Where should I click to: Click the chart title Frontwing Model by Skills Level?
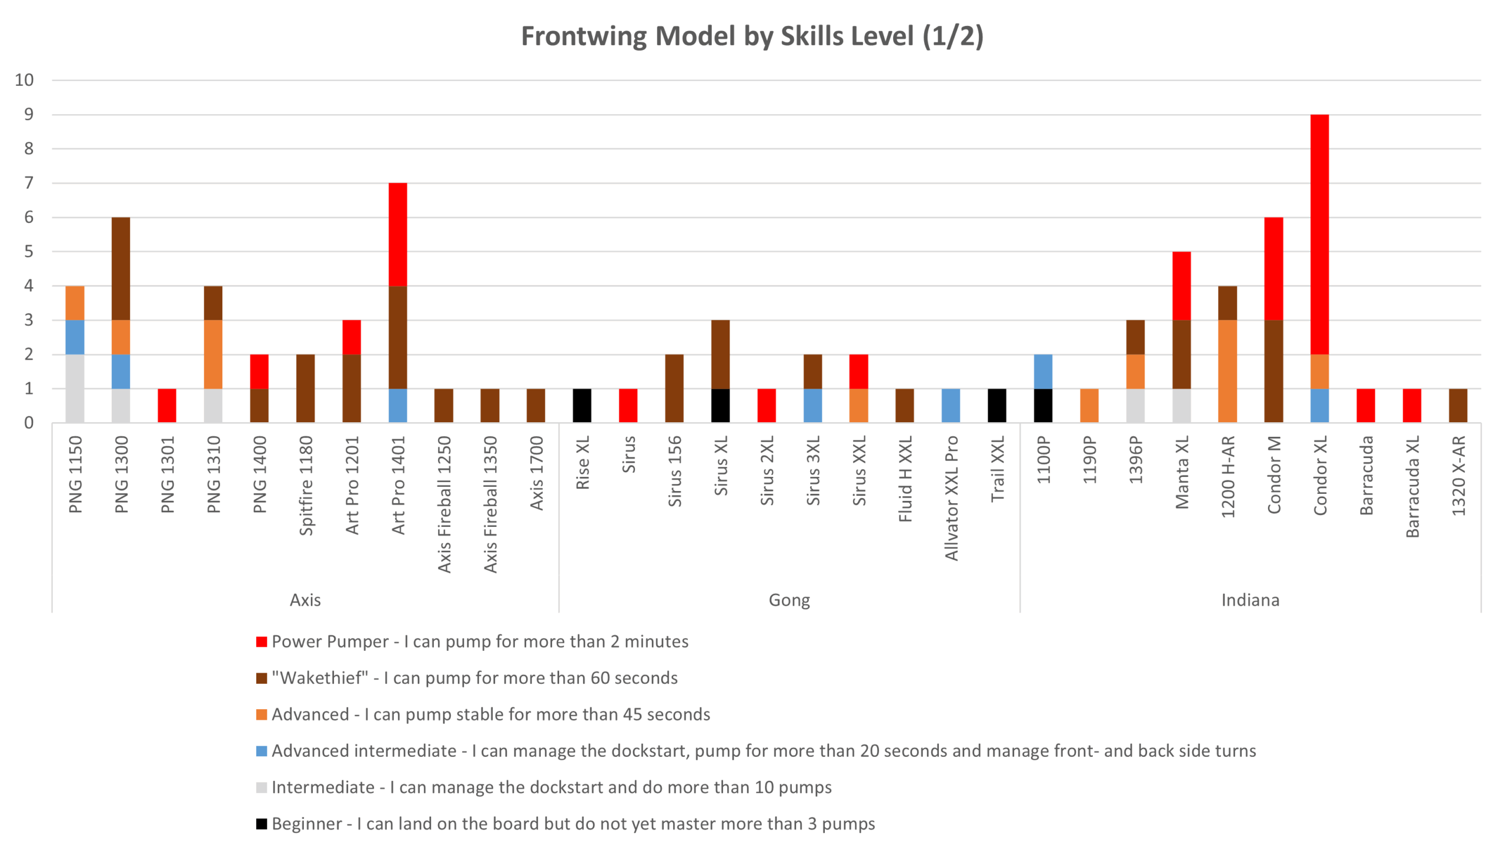[752, 36]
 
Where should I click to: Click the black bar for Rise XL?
[582, 405]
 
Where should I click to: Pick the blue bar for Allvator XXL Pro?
[951, 405]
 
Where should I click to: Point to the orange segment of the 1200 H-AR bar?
[1228, 371]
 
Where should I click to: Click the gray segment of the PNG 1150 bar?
[75, 388]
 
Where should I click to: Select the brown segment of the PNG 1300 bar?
[121, 269]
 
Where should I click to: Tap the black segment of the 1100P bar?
[1043, 405]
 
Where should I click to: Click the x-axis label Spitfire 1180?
[306, 485]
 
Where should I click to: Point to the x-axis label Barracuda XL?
[1412, 486]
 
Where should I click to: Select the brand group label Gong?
[789, 600]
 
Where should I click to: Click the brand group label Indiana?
[1250, 600]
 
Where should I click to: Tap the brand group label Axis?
[305, 600]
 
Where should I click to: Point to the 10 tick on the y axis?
[24, 80]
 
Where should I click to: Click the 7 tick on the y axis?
[28, 183]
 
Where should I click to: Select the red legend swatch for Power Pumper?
[262, 641]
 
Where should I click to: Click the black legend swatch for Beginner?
[262, 824]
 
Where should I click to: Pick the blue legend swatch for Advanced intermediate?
[262, 751]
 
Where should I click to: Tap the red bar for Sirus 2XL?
[767, 405]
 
